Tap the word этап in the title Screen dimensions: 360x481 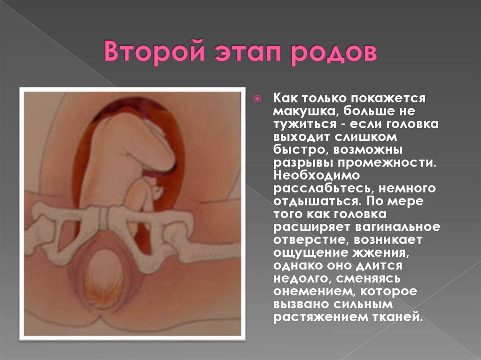[x=242, y=52]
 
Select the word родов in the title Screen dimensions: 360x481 [x=334, y=52]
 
